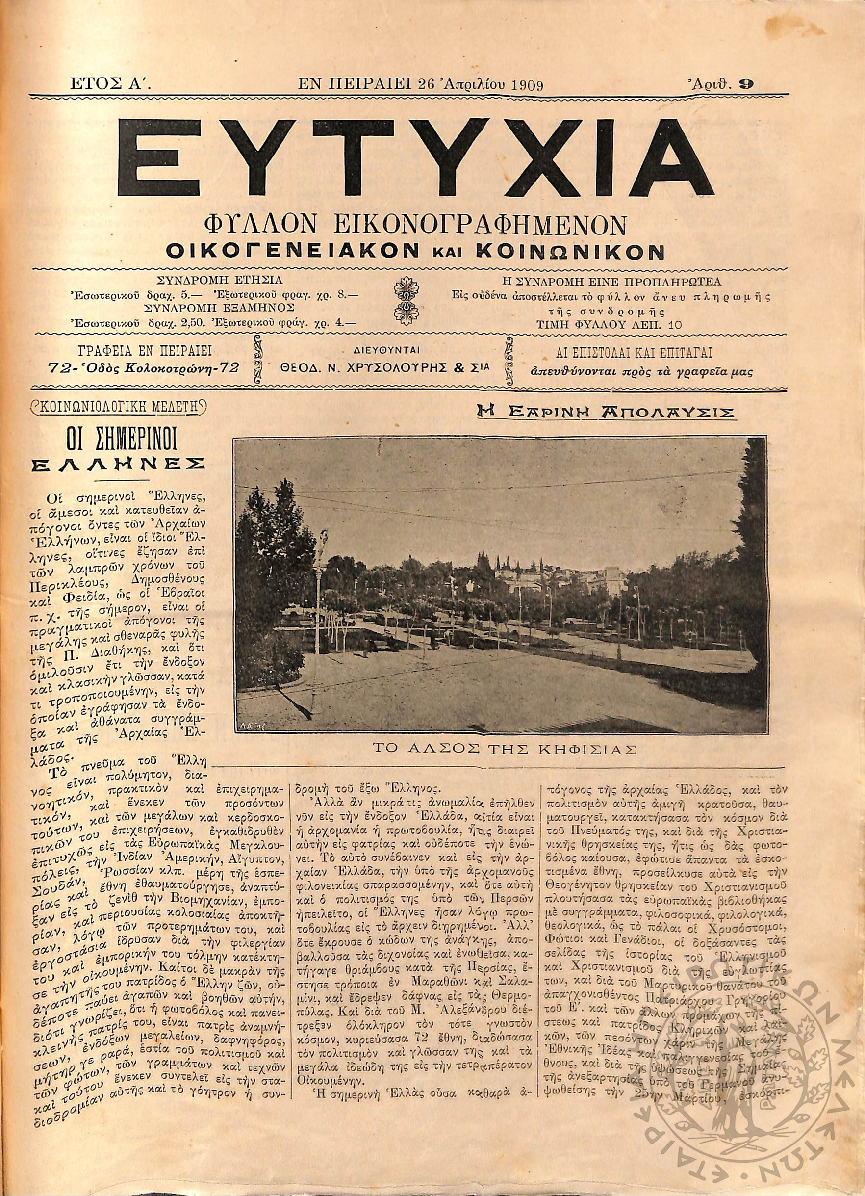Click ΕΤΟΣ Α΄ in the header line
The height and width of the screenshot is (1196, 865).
[110, 84]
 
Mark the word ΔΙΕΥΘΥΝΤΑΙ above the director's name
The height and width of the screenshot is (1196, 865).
[384, 350]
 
